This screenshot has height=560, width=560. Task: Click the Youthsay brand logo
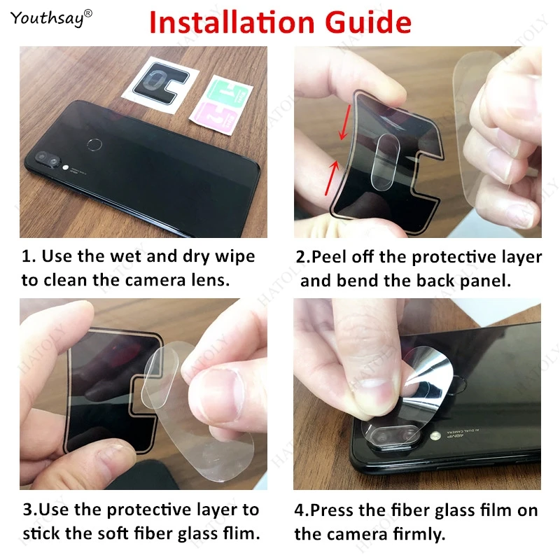[x=51, y=18]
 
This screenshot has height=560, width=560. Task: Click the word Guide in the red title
[x=368, y=22]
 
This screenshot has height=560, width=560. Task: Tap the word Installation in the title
[x=232, y=22]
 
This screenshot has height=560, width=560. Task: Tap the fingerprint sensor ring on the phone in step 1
[x=94, y=145]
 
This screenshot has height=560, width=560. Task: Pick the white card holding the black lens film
[x=160, y=85]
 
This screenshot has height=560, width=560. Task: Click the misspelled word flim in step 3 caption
[x=241, y=533]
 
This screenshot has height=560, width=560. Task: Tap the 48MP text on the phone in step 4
[x=454, y=435]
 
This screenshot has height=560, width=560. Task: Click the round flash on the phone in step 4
[x=435, y=435]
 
